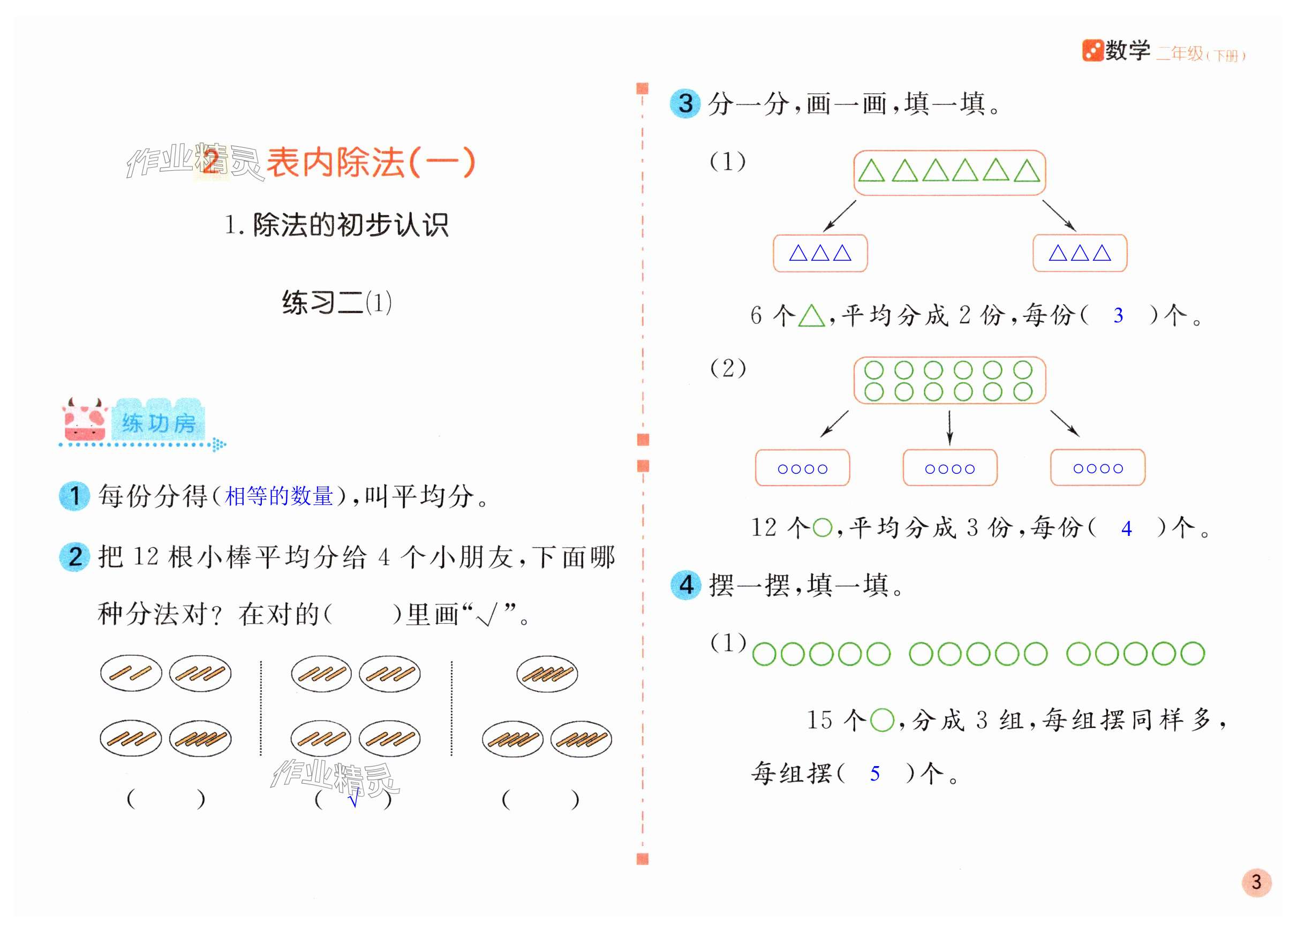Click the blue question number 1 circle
(x=74, y=496)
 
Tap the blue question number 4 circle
(x=685, y=585)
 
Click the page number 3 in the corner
(x=1256, y=882)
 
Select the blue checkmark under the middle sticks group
(x=354, y=798)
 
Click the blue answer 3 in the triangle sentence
(x=1118, y=315)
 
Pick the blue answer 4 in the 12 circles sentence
(x=1126, y=528)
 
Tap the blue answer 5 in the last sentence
(x=874, y=774)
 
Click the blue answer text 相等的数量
(x=279, y=496)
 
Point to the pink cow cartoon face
(x=85, y=420)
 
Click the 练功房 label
(x=159, y=423)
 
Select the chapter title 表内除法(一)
(x=370, y=162)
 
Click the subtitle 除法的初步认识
(x=350, y=225)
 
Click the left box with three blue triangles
(x=820, y=253)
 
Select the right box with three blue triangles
(x=1080, y=253)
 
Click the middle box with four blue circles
(x=949, y=468)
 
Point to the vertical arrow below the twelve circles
(x=949, y=427)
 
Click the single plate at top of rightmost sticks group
(x=547, y=673)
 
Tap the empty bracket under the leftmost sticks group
(x=165, y=799)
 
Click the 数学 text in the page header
(x=1127, y=51)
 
